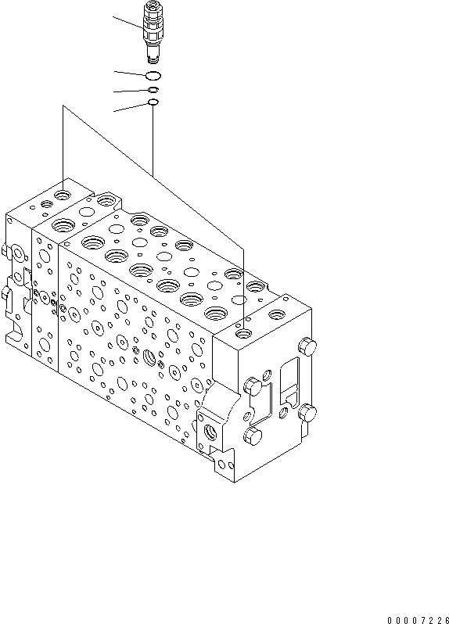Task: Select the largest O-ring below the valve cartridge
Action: pyautogui.click(x=153, y=75)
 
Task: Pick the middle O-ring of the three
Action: pyautogui.click(x=153, y=90)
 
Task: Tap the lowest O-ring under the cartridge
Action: pyautogui.click(x=153, y=102)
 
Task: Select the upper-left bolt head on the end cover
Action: pyautogui.click(x=252, y=384)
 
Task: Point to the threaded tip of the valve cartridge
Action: pyautogui.click(x=153, y=56)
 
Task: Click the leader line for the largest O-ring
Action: pyautogui.click(x=130, y=73)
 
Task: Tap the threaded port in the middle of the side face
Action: pyautogui.click(x=150, y=359)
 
